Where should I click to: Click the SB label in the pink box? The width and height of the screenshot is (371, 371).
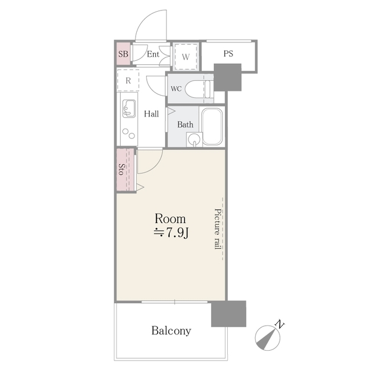point(123,55)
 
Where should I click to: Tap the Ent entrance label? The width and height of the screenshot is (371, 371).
point(153,54)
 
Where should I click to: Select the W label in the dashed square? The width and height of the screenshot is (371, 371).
point(185,57)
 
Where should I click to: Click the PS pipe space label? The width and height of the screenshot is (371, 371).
point(228,54)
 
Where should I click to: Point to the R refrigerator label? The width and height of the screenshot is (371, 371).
point(128,81)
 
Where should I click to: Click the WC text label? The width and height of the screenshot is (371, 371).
point(176,89)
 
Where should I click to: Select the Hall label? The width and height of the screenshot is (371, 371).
point(152,114)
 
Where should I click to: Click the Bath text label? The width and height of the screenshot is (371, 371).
point(185,125)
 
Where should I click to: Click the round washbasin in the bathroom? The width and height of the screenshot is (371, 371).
point(194,139)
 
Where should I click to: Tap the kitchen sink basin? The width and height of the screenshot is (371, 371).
point(129,108)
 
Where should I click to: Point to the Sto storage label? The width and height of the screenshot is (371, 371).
point(122,170)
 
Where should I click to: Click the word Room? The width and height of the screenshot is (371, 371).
point(170,219)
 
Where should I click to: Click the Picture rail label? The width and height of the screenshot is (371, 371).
point(218,228)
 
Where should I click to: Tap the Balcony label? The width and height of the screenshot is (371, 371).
point(171,331)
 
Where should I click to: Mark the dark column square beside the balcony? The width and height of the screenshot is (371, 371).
point(228,314)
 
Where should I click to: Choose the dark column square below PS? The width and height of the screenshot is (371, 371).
point(227,77)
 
